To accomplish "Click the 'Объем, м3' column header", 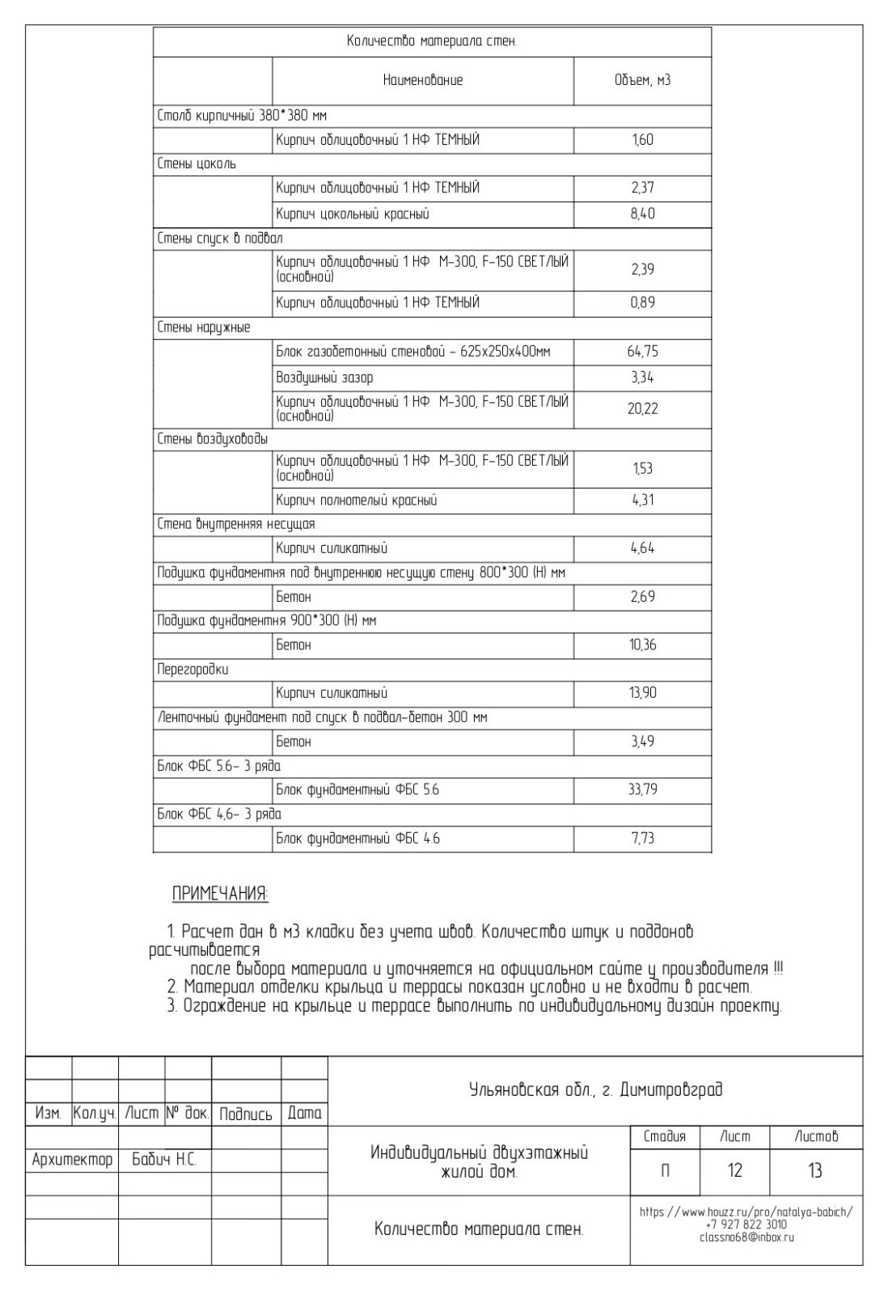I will (x=642, y=80).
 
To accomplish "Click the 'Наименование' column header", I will (x=422, y=80).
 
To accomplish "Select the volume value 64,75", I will (x=642, y=352).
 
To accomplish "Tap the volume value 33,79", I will (x=642, y=789).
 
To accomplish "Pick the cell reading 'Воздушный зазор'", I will (x=324, y=378).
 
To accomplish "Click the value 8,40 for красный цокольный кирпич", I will (x=642, y=214).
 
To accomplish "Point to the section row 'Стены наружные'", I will (x=203, y=328).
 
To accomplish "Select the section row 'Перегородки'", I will (x=192, y=670).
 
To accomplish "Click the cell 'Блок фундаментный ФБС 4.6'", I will (x=357, y=839).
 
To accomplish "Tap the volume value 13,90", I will (x=642, y=693).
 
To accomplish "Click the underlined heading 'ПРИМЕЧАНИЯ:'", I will (x=220, y=894).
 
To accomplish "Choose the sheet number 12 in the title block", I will (x=734, y=1170).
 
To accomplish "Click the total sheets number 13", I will (x=814, y=1170).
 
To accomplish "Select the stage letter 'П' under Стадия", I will (x=665, y=1170).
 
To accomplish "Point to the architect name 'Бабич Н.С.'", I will (x=164, y=1160).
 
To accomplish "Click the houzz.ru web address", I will (x=746, y=1212).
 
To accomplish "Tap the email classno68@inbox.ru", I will (x=746, y=1237).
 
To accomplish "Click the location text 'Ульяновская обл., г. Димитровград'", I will (x=595, y=1089).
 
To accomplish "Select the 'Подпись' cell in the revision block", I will (x=246, y=1114).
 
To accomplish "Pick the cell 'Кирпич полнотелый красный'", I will (x=356, y=501).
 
